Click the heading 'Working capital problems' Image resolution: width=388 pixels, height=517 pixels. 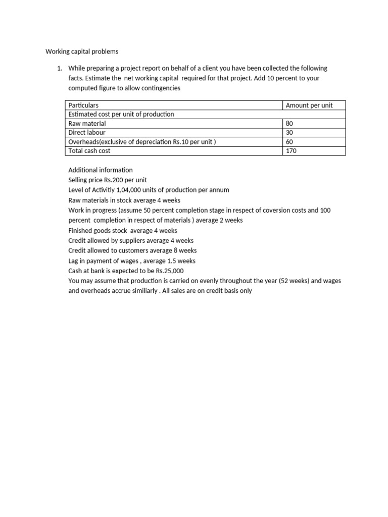(x=82, y=51)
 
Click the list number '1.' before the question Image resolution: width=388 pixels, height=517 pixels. (x=59, y=68)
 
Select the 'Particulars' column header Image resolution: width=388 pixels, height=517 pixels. (x=83, y=106)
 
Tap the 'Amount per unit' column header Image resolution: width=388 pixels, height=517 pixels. (x=309, y=106)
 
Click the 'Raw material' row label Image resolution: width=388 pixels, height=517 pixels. (x=87, y=124)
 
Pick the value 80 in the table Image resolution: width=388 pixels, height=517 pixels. (x=289, y=124)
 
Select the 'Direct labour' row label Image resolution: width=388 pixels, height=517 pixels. (x=87, y=133)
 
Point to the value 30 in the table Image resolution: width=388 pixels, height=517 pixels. (x=289, y=133)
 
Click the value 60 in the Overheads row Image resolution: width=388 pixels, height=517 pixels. (x=289, y=142)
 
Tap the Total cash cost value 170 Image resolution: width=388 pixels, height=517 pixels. (x=291, y=151)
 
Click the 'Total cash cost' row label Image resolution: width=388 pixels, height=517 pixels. (x=89, y=151)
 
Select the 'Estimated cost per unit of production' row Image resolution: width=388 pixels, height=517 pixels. (x=121, y=115)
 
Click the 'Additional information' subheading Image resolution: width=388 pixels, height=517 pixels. (x=100, y=170)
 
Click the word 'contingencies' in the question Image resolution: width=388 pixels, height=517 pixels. (x=161, y=88)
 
